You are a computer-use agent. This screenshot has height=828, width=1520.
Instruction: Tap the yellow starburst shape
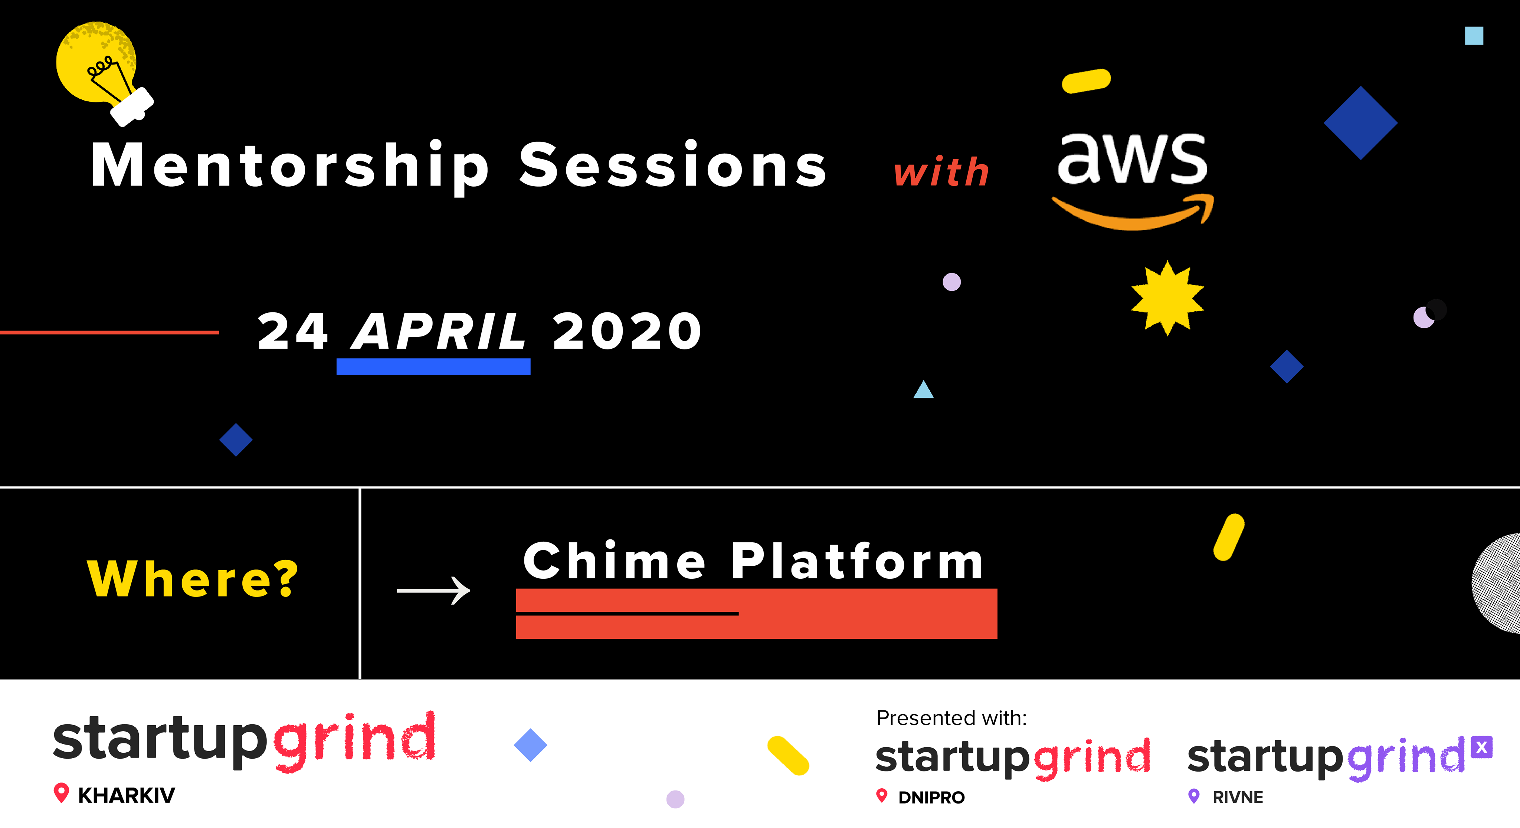click(1167, 298)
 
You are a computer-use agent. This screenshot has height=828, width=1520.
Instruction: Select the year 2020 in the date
click(627, 331)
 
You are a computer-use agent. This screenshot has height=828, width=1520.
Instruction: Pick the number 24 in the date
click(293, 331)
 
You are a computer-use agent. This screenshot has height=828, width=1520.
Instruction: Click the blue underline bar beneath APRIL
click(433, 366)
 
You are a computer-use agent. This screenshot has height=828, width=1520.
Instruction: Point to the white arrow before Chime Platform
click(434, 590)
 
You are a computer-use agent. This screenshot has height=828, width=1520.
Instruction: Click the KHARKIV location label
click(126, 796)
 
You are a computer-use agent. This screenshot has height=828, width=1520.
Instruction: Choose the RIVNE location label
click(1237, 797)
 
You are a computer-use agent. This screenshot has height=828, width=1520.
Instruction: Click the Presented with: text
click(951, 718)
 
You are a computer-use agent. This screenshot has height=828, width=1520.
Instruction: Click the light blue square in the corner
click(1474, 35)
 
